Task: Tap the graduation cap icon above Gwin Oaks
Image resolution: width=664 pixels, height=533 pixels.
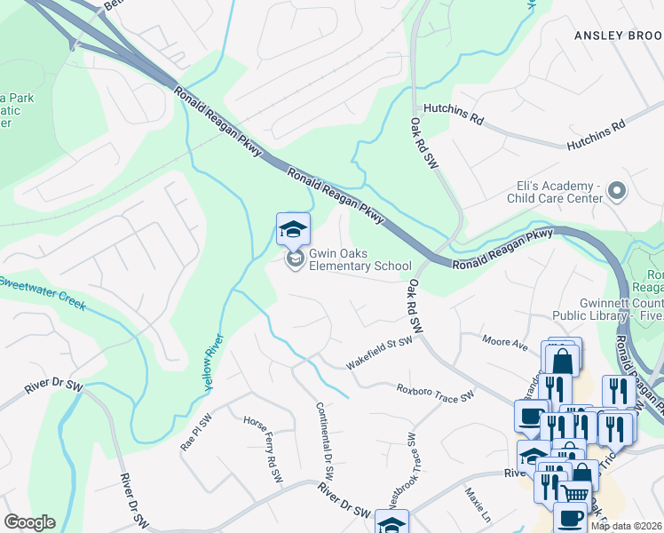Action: pyautogui.click(x=293, y=230)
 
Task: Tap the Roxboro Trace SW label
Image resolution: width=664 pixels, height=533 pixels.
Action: pyautogui.click(x=435, y=393)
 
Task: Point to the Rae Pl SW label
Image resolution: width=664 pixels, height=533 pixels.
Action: pyautogui.click(x=195, y=433)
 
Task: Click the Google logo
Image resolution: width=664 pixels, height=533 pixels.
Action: pyautogui.click(x=28, y=522)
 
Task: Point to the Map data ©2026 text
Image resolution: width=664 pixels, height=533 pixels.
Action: pyautogui.click(x=626, y=526)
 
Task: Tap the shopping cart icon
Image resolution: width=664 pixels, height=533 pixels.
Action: pyautogui.click(x=574, y=493)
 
